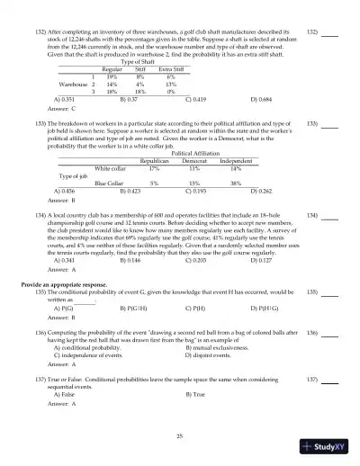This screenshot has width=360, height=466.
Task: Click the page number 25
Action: pyautogui.click(x=180, y=435)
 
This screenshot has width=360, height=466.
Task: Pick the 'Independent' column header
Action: pyautogui.click(x=236, y=160)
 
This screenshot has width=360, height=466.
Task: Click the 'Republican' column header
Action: pyautogui.click(x=154, y=160)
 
